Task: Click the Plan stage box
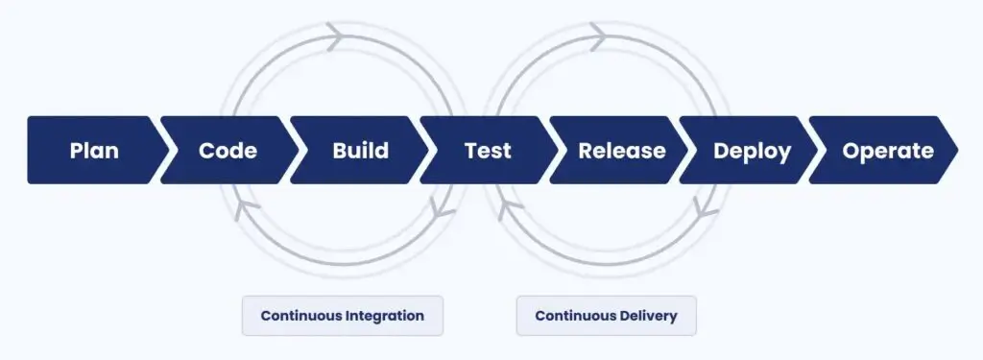click(94, 151)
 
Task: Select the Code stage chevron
click(228, 151)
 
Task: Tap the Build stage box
click(360, 151)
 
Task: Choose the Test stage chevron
click(488, 151)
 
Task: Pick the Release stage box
click(621, 151)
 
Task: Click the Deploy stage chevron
click(753, 151)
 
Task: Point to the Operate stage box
click(887, 151)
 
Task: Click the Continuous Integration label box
click(342, 316)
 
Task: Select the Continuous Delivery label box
click(606, 316)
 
